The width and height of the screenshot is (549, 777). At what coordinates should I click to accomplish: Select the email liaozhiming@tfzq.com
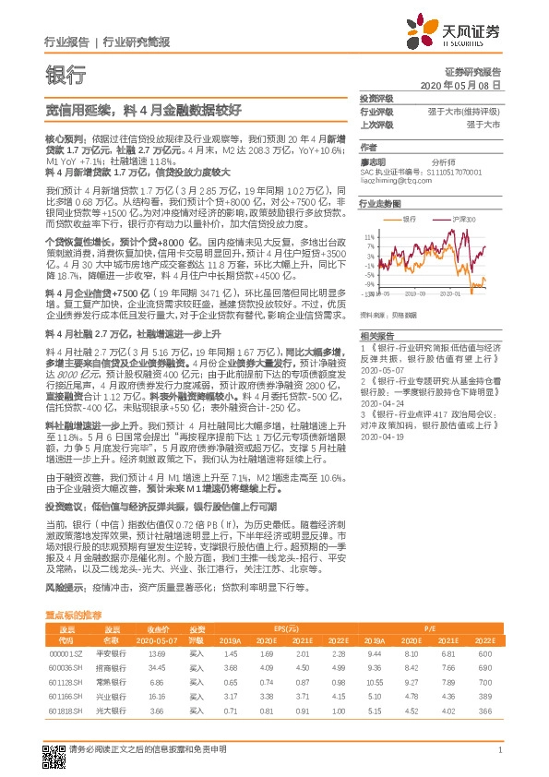pos(399,180)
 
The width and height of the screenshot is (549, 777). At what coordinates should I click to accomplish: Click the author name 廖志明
pos(371,160)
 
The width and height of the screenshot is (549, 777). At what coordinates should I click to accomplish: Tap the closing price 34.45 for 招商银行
pos(156,666)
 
